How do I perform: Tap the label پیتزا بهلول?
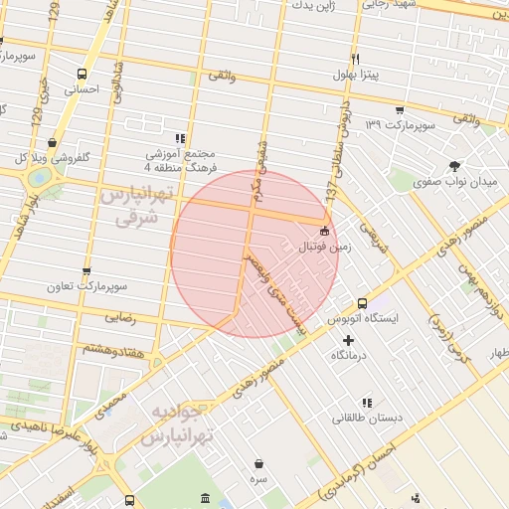(355, 76)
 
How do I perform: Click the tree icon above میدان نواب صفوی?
(455, 166)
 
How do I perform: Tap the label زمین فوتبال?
(324, 249)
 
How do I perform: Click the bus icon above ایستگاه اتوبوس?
(362, 303)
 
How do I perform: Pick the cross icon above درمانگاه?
(348, 341)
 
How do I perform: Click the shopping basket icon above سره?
(259, 463)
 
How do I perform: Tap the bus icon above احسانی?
(82, 73)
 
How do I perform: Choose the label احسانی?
(83, 88)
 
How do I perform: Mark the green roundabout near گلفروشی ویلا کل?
(40, 178)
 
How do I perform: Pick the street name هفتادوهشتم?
(111, 348)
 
